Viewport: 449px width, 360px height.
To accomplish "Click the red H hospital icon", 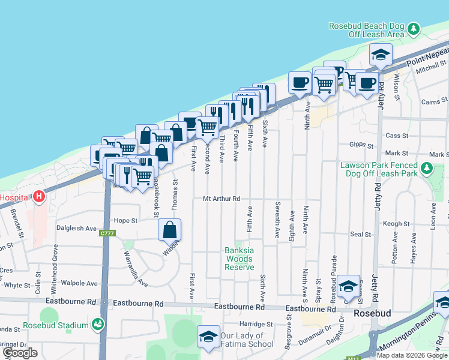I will (39, 196).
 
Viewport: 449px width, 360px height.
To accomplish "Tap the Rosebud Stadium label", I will (56, 326).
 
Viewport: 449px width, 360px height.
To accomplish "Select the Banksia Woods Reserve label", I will (240, 259).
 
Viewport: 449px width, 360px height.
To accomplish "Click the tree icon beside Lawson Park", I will (427, 169).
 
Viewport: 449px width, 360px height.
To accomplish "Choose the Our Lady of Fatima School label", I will (242, 340).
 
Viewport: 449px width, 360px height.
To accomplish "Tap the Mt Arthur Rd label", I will (221, 199).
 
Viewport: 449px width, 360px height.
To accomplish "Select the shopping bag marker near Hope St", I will (170, 230).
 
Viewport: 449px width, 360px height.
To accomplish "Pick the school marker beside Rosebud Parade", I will (348, 287).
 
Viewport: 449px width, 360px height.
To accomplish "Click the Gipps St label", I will (361, 145).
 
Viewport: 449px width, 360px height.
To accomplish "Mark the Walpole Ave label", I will (79, 283).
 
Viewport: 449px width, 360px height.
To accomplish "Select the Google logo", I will (20, 353).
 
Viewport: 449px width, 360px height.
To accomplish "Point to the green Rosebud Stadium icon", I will (97, 325).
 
